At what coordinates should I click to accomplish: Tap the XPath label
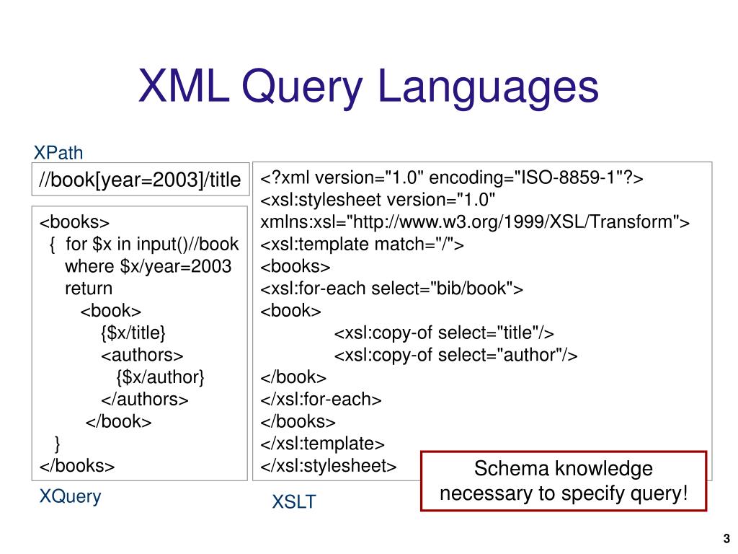point(58,153)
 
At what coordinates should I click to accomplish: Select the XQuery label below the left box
point(70,496)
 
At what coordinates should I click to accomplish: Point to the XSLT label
point(293,502)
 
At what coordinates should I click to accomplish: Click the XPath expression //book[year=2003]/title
point(140,180)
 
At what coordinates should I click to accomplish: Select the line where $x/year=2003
point(148,266)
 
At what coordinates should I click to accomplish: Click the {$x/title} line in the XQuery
point(133,333)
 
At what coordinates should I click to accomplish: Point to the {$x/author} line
point(160,377)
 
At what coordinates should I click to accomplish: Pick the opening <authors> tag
point(142,355)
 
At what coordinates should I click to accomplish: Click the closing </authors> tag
point(144,399)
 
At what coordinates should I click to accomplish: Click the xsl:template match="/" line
point(362,245)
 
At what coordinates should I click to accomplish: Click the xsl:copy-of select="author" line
point(456,355)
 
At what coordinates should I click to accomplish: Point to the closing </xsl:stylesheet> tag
point(328,465)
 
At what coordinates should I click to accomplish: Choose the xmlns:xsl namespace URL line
point(475,222)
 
